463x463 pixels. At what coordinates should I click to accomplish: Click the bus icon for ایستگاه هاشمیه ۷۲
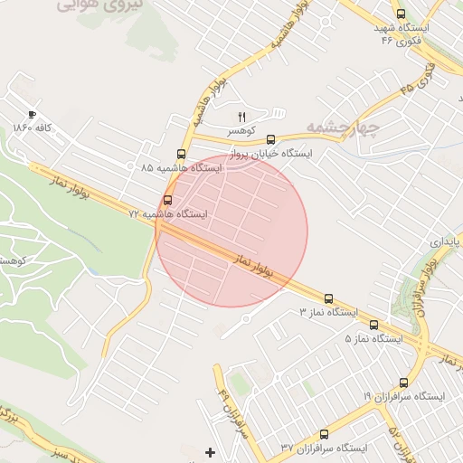167,200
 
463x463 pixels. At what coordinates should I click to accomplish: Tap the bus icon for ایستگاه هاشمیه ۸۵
181,154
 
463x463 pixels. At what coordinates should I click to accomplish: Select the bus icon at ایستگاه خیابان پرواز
270,139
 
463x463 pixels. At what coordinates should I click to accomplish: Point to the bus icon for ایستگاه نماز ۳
327,298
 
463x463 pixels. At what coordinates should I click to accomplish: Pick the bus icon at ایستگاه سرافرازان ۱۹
403,383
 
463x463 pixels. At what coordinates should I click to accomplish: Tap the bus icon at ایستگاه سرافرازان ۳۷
325,434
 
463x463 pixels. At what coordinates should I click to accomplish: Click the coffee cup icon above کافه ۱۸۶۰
33,115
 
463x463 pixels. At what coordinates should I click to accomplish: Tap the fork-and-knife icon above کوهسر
241,117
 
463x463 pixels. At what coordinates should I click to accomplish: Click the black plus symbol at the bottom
211,451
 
